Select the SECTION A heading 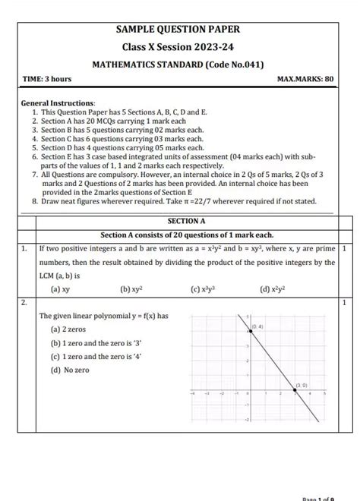pos(186,221)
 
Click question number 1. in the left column pos(25,248)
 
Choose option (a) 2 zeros pos(69,329)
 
